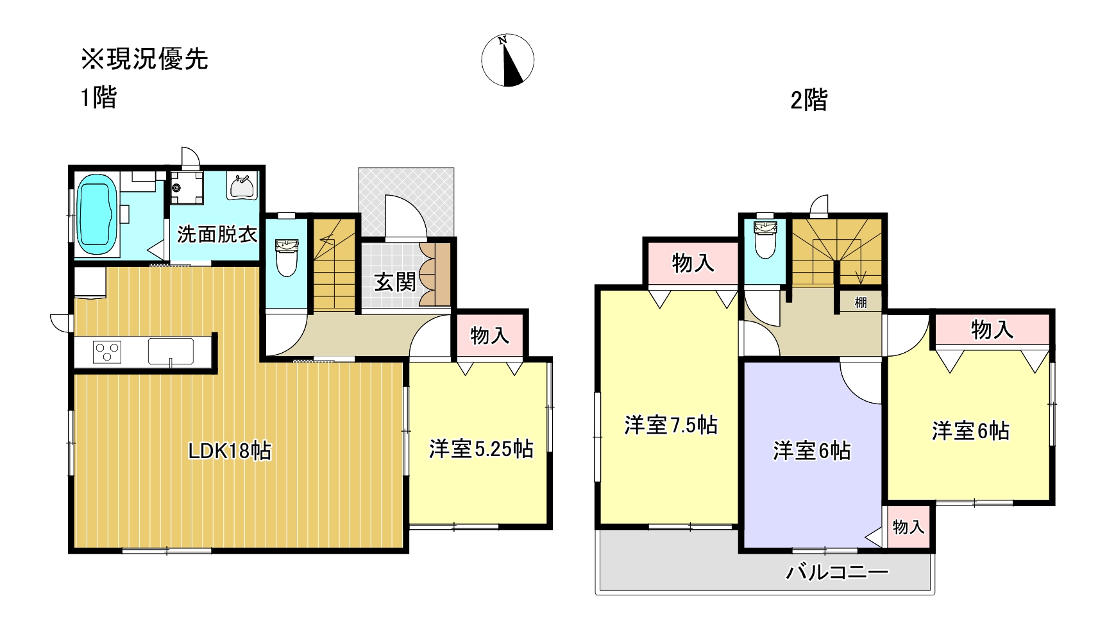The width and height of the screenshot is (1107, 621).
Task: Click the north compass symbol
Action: click(x=507, y=61)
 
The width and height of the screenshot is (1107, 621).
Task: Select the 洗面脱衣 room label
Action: click(x=217, y=234)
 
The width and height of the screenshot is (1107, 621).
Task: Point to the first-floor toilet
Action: click(x=286, y=257)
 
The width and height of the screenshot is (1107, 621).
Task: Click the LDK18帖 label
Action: click(x=230, y=451)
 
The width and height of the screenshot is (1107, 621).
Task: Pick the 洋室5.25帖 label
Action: click(x=481, y=448)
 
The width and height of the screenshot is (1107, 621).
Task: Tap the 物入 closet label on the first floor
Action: click(x=490, y=335)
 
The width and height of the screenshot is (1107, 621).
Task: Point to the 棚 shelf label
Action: click(x=861, y=302)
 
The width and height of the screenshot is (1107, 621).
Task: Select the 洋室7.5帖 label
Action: click(x=671, y=425)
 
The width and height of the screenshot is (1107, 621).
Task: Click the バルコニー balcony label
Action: click(x=837, y=572)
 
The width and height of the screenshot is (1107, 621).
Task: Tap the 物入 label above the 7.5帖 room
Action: click(x=693, y=263)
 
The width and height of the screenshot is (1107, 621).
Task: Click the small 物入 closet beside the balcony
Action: click(x=908, y=527)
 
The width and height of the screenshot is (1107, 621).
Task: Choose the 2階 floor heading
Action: click(x=809, y=101)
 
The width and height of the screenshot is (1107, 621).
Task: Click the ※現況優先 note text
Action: click(x=144, y=59)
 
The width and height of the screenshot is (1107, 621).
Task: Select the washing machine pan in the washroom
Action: click(x=187, y=187)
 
